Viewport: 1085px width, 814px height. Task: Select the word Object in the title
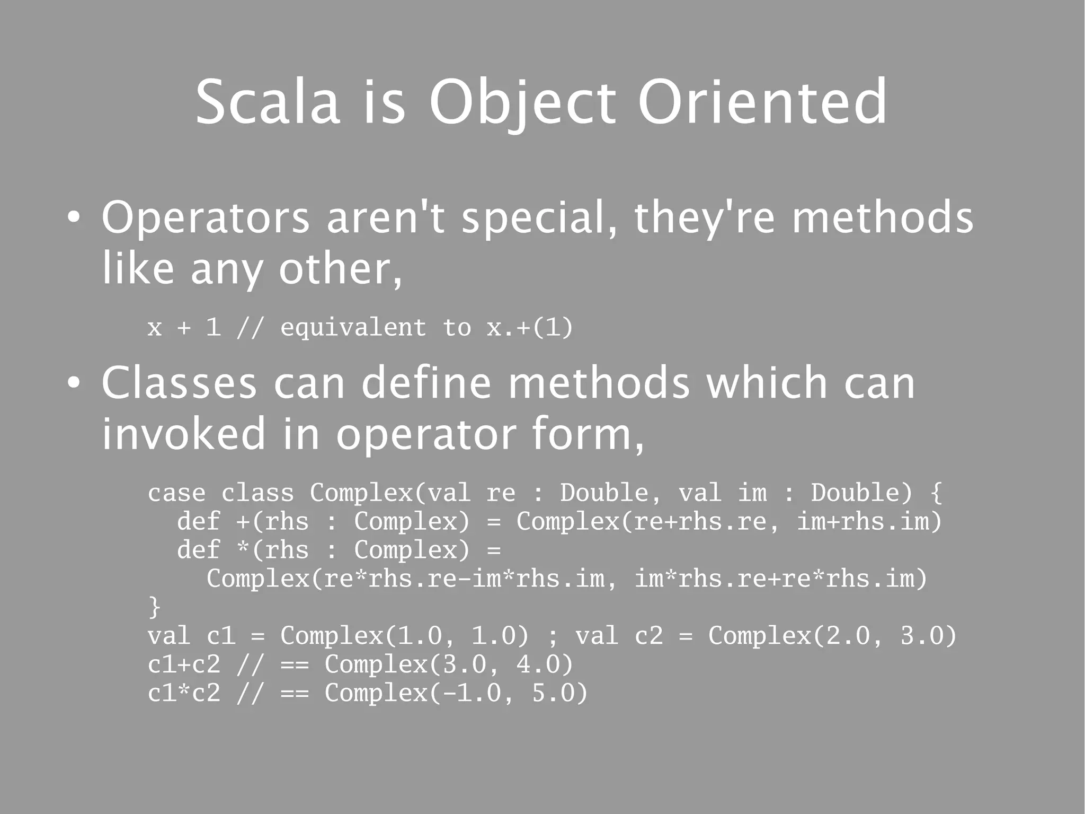[x=522, y=103]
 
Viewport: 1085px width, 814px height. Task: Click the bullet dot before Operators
[x=74, y=218]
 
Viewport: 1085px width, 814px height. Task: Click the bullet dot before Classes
[x=74, y=384]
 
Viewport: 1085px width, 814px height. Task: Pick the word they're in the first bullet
[x=704, y=218]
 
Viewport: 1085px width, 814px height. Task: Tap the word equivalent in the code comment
[x=353, y=328]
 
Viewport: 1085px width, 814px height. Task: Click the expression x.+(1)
[x=530, y=328]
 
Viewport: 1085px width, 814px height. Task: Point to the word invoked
[x=183, y=434]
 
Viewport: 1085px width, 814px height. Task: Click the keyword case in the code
[x=176, y=493]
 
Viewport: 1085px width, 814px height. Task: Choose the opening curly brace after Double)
[x=936, y=493]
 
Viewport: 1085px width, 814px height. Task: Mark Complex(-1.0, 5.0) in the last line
[x=456, y=693]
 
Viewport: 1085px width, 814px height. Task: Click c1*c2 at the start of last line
[x=183, y=693]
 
